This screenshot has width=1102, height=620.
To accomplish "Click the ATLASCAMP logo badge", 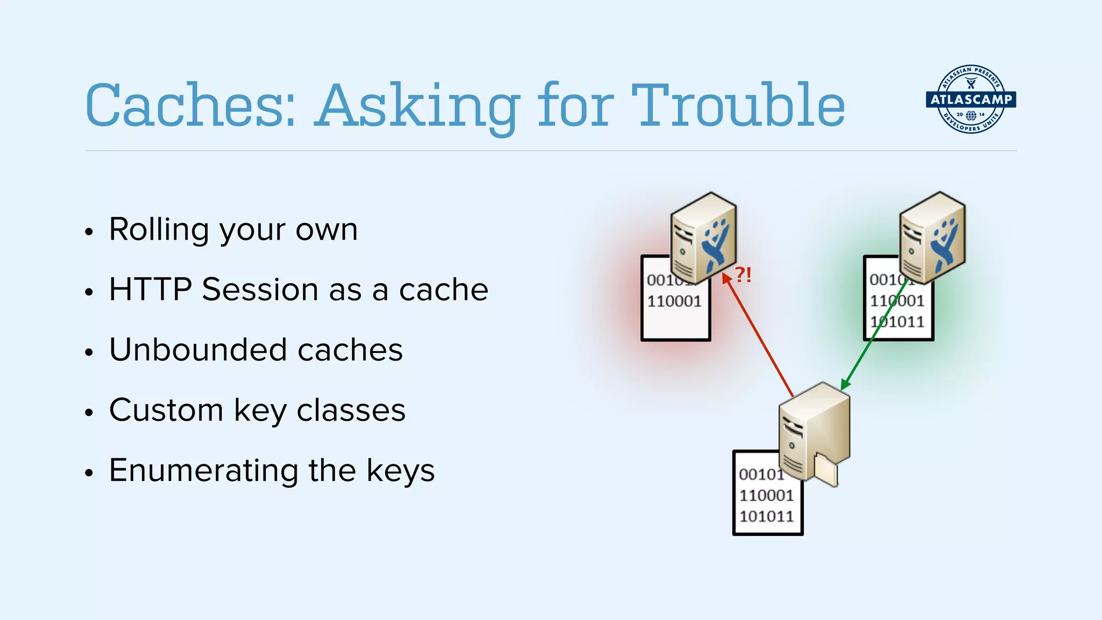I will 971,100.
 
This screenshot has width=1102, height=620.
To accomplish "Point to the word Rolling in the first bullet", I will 159,230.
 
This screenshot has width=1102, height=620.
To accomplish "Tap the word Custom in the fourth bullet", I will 166,410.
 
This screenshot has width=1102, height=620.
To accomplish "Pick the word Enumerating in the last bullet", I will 203,470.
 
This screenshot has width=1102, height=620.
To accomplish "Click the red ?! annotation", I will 743,275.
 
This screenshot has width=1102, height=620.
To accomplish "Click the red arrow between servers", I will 759,336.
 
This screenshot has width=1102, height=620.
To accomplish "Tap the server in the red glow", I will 703,238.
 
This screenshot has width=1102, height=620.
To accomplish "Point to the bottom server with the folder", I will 814,431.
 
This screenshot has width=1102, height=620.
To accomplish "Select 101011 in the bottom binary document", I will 766,517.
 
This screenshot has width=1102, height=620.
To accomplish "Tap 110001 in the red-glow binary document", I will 674,301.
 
